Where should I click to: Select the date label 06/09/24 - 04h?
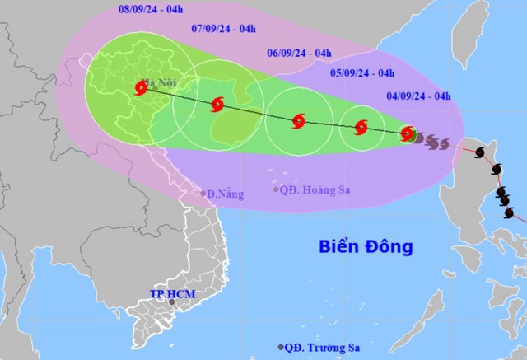click(x=300, y=54)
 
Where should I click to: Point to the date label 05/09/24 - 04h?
click(x=358, y=72)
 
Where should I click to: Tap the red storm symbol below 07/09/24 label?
click(x=217, y=105)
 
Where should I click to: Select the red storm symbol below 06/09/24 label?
click(x=298, y=122)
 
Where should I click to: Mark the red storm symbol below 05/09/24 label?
click(x=361, y=128)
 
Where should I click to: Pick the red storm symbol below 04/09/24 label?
click(x=407, y=133)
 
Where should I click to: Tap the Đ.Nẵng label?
click(x=226, y=194)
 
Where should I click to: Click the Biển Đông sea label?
click(x=366, y=245)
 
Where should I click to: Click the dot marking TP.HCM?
click(x=171, y=302)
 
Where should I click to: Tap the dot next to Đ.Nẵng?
click(x=203, y=194)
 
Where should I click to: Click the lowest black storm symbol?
click(x=508, y=213)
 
